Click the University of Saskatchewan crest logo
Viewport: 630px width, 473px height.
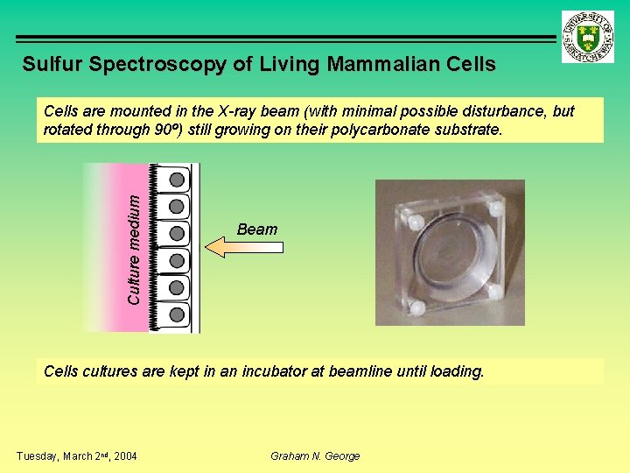click(x=588, y=38)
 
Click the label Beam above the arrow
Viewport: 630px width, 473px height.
click(x=257, y=229)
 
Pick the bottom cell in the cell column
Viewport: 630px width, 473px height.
click(x=178, y=314)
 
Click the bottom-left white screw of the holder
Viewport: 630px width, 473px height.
click(x=416, y=308)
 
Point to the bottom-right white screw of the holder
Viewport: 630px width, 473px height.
click(x=494, y=292)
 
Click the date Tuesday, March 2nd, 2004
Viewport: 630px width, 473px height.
click(x=77, y=455)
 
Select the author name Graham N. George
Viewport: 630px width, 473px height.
click(x=315, y=455)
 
